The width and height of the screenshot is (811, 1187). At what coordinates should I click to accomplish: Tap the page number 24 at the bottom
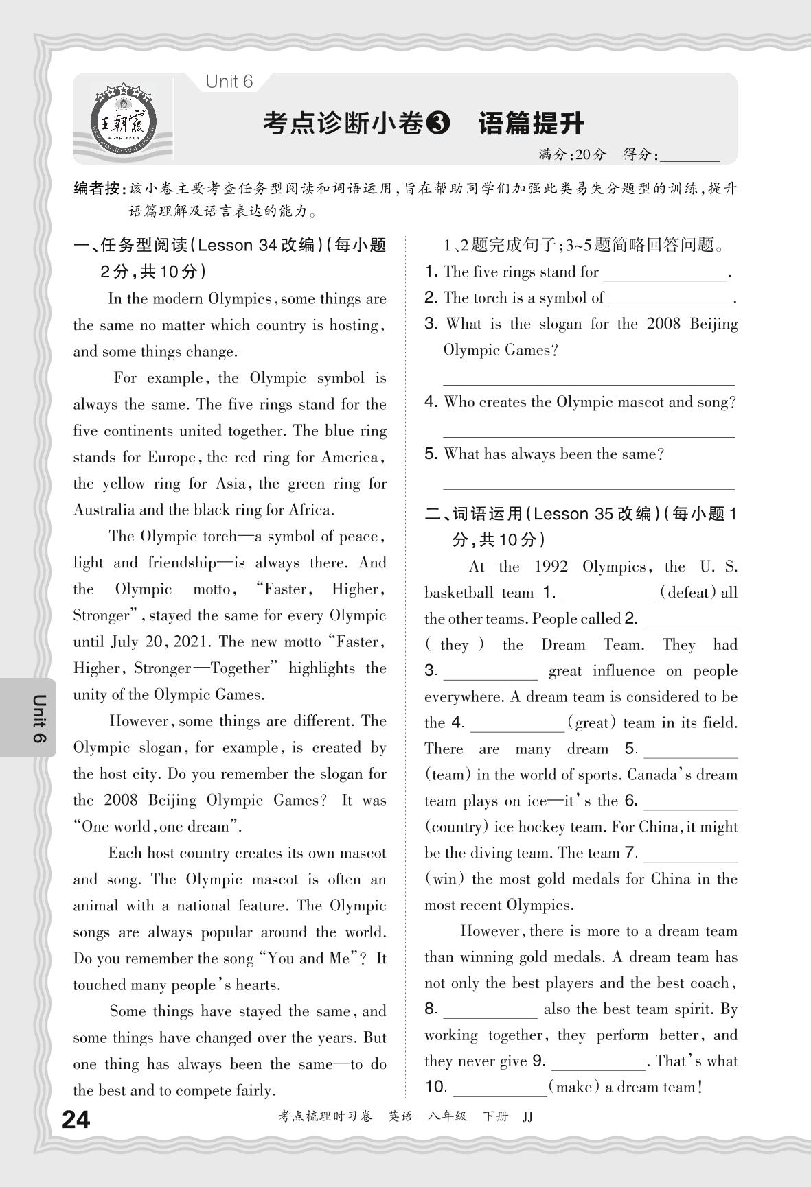point(76,1120)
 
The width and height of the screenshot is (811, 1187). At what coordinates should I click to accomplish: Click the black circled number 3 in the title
point(437,124)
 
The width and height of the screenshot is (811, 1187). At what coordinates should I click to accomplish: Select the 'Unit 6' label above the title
point(229,82)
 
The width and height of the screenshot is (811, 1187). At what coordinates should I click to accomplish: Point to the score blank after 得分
point(689,156)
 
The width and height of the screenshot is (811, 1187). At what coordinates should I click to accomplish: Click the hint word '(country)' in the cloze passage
point(455,827)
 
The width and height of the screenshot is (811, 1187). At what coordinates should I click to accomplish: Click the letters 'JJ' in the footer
point(527,1116)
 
